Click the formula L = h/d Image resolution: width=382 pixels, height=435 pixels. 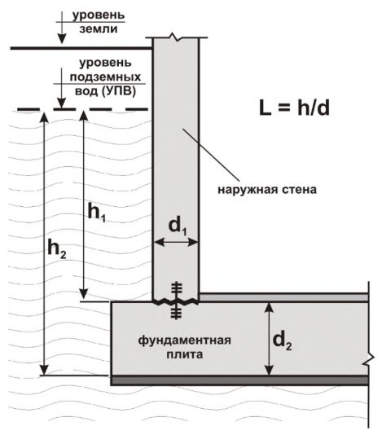[x=294, y=108]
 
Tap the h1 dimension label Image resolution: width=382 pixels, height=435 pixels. [x=97, y=213]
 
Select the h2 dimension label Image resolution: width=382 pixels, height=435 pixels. [x=57, y=248]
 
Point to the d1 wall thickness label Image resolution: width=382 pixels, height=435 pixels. [x=178, y=226]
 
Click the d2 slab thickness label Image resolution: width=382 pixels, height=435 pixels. [x=282, y=341]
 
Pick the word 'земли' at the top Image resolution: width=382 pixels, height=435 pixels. [x=99, y=29]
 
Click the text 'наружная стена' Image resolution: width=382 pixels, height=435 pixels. [x=267, y=190]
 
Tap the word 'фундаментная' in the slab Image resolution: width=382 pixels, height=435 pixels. [x=184, y=341]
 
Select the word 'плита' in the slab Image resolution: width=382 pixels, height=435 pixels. [x=184, y=354]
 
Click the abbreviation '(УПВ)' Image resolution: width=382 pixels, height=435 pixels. [x=118, y=91]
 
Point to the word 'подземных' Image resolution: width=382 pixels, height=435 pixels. [x=105, y=77]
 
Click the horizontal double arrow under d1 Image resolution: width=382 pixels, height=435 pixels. [x=176, y=243]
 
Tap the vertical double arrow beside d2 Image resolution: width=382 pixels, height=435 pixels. [x=269, y=339]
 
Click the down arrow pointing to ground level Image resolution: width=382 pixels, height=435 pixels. [x=62, y=28]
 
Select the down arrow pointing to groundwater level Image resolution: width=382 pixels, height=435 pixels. [x=62, y=88]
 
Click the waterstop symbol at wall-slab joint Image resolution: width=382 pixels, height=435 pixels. [x=177, y=301]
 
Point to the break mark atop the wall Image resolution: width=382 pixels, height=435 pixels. [x=176, y=37]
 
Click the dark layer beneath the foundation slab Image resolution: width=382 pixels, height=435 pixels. [x=239, y=380]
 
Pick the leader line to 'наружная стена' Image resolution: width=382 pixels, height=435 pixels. [x=211, y=155]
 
